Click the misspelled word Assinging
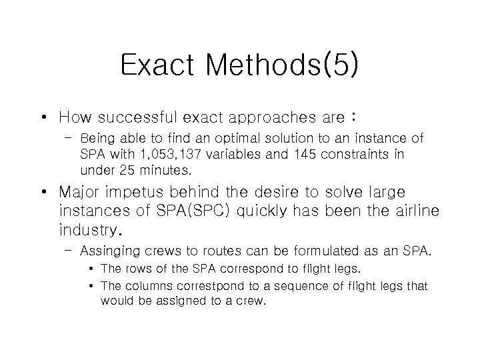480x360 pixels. [108, 252]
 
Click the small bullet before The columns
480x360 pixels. [91, 286]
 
